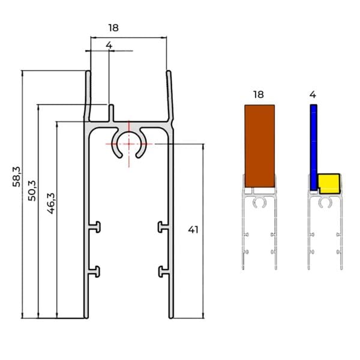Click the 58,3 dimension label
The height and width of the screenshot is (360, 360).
pyautogui.click(x=16, y=177)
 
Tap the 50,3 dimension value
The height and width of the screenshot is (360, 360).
pyautogui.click(x=32, y=191)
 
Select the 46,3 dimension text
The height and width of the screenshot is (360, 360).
pyautogui.click(x=51, y=203)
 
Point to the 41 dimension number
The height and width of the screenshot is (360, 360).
pyautogui.click(x=193, y=230)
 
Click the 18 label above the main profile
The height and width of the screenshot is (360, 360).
pyautogui.click(x=113, y=28)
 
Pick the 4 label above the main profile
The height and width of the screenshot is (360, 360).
pyautogui.click(x=109, y=45)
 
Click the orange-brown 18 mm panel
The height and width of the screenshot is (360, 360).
pyautogui.click(x=259, y=146)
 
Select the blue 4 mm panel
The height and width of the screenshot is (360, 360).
pyautogui.click(x=314, y=148)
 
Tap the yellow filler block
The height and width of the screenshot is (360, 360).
pyautogui.click(x=329, y=184)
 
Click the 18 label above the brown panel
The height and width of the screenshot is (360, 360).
pyautogui.click(x=259, y=94)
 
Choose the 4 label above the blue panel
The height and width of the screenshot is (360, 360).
pyautogui.click(x=313, y=94)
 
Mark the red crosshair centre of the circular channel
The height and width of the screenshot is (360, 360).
pyautogui.click(x=129, y=144)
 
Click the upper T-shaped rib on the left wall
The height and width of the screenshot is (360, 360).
pyautogui.click(x=95, y=227)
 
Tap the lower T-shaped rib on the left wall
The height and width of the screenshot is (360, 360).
pyautogui.click(x=95, y=272)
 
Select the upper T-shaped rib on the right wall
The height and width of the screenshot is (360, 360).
pyautogui.click(x=163, y=227)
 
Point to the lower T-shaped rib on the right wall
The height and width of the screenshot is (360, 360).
pyautogui.click(x=164, y=272)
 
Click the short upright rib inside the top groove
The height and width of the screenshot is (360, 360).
pyautogui.click(x=112, y=113)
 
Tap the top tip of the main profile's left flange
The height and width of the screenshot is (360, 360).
pyautogui.click(x=88, y=71)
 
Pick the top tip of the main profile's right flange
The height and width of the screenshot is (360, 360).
pyautogui.click(x=169, y=71)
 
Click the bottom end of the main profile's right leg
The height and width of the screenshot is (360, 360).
pyautogui.click(x=171, y=318)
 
